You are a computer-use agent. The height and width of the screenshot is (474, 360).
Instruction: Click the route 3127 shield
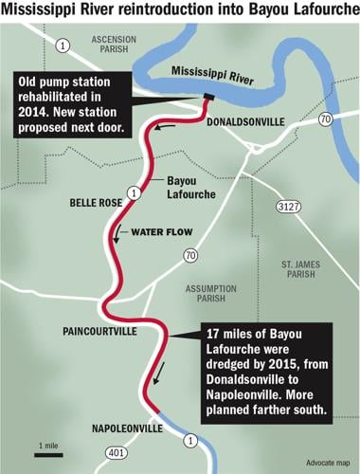pyautogui.click(x=285, y=205)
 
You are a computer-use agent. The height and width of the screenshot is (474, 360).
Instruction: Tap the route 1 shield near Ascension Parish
pyautogui.click(x=63, y=46)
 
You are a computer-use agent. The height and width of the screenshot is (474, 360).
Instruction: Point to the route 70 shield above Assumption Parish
pyautogui.click(x=191, y=254)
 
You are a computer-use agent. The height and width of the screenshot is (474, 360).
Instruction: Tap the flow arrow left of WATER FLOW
pyautogui.click(x=117, y=233)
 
